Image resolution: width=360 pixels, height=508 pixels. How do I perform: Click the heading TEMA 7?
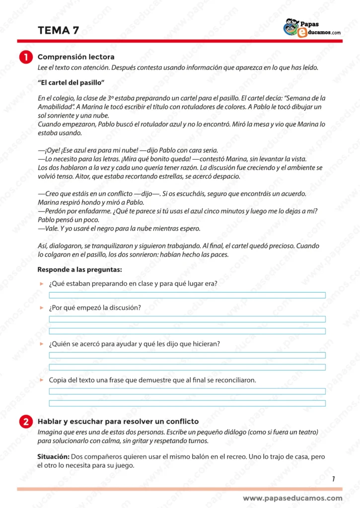pos(58,30)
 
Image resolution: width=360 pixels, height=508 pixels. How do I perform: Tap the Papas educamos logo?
pos(312,28)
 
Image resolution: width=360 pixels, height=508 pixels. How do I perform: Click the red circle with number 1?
pos(26,58)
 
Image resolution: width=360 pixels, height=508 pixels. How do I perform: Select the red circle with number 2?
pos(26,422)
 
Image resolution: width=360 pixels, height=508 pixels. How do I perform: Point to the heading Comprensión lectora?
pos(76,57)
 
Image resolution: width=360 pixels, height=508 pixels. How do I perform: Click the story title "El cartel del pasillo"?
pos(72,82)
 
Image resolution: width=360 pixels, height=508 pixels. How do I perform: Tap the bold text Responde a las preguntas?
pos(79,270)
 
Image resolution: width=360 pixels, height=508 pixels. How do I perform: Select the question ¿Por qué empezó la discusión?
pos(95,308)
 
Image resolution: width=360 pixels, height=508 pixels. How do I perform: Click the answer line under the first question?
pos(187,295)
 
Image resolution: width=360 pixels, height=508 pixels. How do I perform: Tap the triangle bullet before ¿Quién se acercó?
pos(42,344)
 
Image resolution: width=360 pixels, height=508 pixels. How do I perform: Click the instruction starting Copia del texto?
pos(152,380)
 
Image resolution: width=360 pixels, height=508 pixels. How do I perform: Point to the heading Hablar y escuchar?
pos(118,421)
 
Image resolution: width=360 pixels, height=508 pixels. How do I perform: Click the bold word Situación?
pos(54,456)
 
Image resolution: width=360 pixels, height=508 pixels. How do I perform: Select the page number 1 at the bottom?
pos(333,479)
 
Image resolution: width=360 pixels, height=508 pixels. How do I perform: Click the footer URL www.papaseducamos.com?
pos(292,498)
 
